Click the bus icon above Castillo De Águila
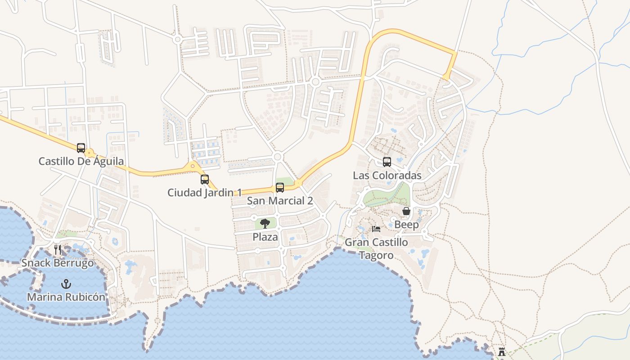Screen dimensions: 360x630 pos(81,148)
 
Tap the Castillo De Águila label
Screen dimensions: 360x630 pos(81,161)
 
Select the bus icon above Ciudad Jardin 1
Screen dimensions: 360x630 pos(205,180)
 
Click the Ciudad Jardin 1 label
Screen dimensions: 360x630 pos(204,193)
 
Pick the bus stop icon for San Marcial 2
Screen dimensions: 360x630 pos(280,188)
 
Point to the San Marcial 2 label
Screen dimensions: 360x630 pos(280,201)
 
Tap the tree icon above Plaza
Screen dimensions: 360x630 pos(265,223)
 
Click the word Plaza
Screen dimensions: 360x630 pos(265,237)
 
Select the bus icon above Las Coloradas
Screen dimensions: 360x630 pos(387,162)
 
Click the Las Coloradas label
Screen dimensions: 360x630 pos(387,175)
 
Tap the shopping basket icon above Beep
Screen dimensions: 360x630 pos(406,211)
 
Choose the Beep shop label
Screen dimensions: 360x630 pos(406,224)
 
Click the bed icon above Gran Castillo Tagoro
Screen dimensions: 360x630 pos(376,229)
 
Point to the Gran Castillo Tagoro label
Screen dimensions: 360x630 pos(376,249)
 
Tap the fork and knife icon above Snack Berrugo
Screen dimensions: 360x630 pos(58,250)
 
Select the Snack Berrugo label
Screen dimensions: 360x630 pos(58,263)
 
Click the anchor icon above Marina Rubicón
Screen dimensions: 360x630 pos(66,284)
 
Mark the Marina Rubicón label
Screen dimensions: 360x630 pos(66,297)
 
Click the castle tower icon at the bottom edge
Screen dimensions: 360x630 pos(501,351)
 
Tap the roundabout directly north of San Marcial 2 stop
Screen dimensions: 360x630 pos(277,157)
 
